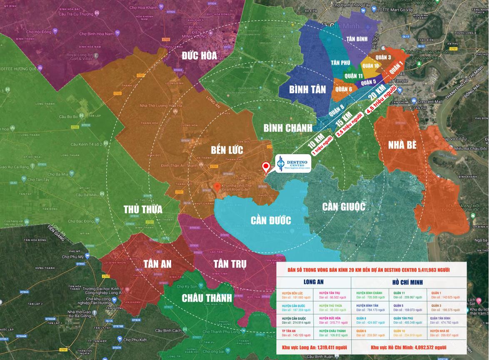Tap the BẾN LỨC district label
[227, 150]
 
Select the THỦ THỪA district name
[143, 209]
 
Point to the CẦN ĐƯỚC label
[271, 220]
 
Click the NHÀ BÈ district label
[403, 145]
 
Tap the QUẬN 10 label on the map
[370, 65]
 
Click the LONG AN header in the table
[313, 282]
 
